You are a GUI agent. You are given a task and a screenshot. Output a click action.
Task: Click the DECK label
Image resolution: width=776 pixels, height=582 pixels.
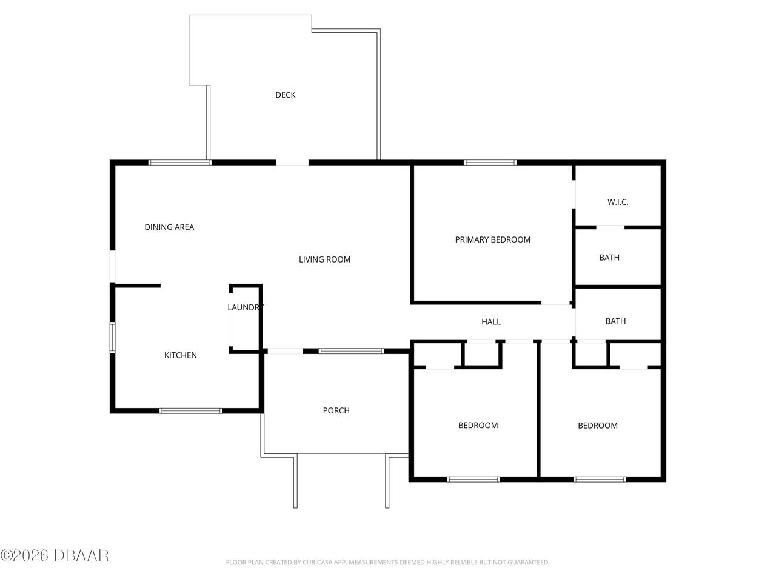286,95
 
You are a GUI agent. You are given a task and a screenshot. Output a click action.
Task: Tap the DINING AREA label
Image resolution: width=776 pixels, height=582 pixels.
169,227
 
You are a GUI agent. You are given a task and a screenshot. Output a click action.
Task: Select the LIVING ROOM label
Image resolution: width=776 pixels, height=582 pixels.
324,259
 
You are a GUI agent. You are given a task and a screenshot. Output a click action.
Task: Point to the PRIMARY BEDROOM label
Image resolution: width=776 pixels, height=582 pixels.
492,239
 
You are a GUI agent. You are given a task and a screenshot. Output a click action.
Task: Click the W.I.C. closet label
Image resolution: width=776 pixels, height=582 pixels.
618,202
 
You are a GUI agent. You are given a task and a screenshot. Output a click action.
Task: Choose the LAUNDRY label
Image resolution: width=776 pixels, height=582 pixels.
246,307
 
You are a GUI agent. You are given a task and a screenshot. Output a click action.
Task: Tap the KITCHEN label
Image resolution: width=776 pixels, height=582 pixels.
180,355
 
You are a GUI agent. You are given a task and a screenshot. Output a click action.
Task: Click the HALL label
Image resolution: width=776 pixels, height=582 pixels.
490,321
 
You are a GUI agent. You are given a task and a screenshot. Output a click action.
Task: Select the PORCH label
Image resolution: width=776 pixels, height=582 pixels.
336,410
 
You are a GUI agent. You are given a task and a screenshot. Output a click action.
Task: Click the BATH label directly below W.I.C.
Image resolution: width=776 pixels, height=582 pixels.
609,258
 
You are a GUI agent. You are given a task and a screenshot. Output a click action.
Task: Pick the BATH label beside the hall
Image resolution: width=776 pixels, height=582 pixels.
615,321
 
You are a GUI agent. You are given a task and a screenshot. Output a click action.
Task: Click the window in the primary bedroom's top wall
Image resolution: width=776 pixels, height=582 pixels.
490,162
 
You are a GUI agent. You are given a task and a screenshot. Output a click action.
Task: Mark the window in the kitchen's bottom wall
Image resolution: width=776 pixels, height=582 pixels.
190,411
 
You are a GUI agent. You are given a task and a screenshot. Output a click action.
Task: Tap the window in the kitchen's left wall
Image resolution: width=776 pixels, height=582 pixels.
112,338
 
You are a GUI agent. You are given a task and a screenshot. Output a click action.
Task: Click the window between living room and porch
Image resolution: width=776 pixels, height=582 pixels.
351,351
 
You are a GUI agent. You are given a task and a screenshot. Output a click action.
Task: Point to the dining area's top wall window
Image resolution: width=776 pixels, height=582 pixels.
180,162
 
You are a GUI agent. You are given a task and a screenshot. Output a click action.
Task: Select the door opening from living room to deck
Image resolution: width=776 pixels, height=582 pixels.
292,162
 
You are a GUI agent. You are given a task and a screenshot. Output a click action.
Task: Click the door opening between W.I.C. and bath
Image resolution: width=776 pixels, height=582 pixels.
610,227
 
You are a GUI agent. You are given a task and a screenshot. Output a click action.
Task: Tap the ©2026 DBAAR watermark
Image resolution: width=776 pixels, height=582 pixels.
55,555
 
